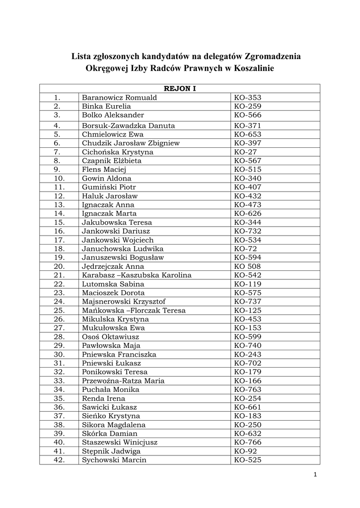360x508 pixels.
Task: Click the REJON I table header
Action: click(x=180, y=89)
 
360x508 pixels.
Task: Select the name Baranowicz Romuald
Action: click(x=119, y=98)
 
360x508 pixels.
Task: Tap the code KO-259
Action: click(x=247, y=106)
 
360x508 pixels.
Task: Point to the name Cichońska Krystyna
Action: click(x=118, y=152)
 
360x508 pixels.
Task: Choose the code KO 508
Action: click(x=247, y=266)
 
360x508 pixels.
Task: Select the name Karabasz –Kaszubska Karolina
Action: click(x=137, y=275)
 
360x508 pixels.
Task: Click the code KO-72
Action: click(x=245, y=249)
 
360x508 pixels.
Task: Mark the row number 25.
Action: click(x=59, y=311)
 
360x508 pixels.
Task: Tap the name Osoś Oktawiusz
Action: click(x=110, y=337)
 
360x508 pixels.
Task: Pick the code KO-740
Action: click(x=247, y=346)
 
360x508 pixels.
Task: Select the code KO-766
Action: click(x=247, y=443)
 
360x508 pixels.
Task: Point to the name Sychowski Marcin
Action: click(x=114, y=460)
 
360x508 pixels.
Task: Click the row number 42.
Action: click(x=59, y=460)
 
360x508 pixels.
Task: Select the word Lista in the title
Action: click(x=82, y=56)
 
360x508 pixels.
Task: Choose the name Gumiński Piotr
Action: click(x=109, y=187)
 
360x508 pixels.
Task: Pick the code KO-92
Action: click(x=245, y=451)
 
